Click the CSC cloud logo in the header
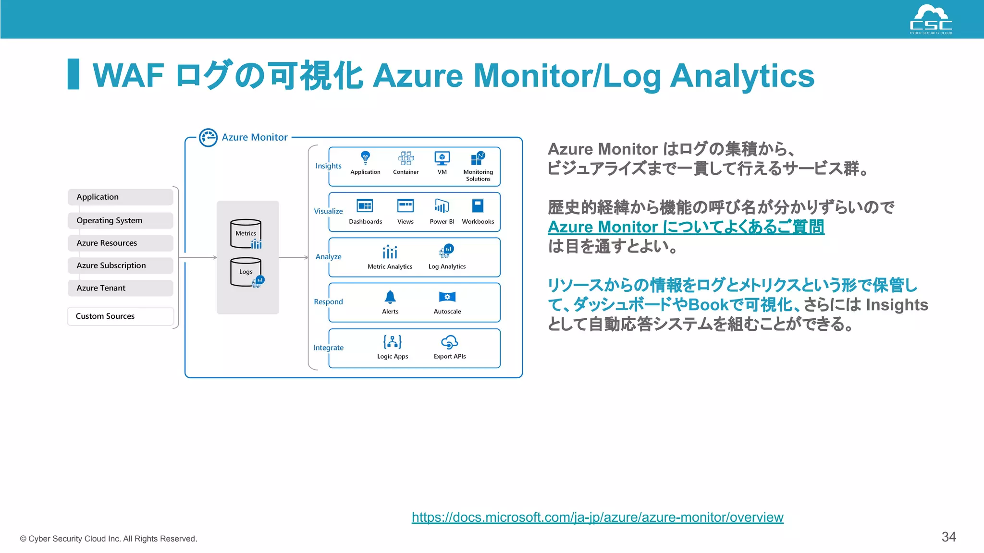[x=931, y=19]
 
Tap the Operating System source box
[x=120, y=220]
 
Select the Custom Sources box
[x=120, y=316]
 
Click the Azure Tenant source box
[x=120, y=288]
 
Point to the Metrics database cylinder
[x=246, y=234]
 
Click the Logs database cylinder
[x=246, y=272]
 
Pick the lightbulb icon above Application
[x=365, y=157]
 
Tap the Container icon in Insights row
[x=406, y=158]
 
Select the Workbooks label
[x=478, y=222]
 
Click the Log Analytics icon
[x=446, y=251]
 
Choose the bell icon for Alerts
[x=390, y=297]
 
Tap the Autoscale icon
[x=447, y=297]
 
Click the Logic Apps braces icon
[x=393, y=342]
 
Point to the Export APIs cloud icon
[x=449, y=342]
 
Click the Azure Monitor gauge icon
[x=208, y=138]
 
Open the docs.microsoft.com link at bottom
[x=597, y=517]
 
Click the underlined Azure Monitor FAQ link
[x=686, y=227]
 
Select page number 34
[x=948, y=537]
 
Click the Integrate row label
[x=328, y=348]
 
